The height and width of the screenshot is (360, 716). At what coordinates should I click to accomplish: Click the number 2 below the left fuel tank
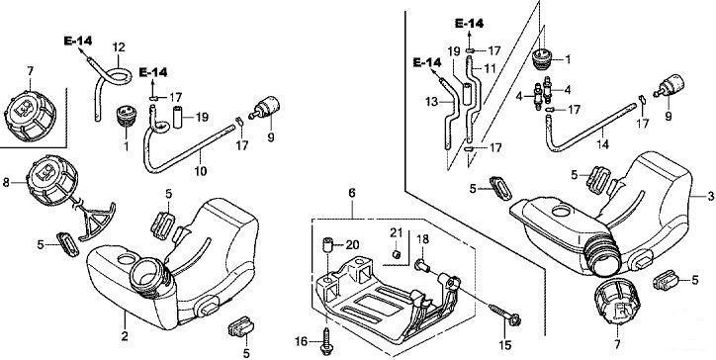point(125,336)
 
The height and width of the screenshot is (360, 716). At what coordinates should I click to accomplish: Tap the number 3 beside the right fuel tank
point(710,196)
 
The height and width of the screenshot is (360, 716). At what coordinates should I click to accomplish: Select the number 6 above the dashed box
point(352,193)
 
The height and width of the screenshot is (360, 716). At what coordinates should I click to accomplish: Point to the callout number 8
point(6,183)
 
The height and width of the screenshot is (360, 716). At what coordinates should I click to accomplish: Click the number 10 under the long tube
point(201,171)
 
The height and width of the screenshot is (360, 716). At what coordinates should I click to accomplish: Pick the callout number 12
point(119,47)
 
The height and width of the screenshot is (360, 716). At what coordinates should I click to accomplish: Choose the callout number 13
point(431,102)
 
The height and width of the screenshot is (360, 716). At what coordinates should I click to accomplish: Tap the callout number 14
point(602,144)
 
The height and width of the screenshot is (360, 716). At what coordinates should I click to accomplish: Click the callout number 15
point(505,345)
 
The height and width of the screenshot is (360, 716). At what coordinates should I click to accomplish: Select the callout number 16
point(301,341)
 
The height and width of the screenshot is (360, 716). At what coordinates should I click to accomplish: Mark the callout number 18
point(423,239)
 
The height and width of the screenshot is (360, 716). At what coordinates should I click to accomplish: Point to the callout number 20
point(352,245)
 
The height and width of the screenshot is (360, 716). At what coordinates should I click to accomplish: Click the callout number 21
point(396,233)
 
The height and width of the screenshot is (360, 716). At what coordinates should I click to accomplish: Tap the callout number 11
point(490,69)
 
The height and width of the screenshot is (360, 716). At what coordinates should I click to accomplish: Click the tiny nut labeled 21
point(398,253)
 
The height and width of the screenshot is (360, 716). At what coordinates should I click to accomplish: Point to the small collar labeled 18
point(421,264)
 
